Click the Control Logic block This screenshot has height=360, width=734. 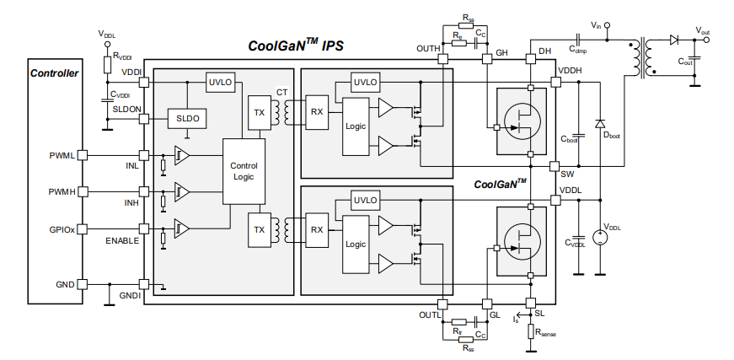[x=244, y=171]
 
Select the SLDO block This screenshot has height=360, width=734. [x=188, y=119]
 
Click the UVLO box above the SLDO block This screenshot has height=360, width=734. [x=220, y=82]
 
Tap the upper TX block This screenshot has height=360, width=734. [x=259, y=113]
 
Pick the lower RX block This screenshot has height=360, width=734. [x=316, y=229]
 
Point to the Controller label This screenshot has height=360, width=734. [x=54, y=73]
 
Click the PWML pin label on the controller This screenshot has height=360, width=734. [x=62, y=156]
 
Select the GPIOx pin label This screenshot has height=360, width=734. [x=62, y=228]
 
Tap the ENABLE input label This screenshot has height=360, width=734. [x=122, y=242]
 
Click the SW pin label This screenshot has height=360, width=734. [x=567, y=173]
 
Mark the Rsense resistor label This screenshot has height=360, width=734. [x=550, y=334]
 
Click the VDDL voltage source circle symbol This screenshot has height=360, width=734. [x=599, y=238]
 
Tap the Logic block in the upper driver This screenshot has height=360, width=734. [x=356, y=126]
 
